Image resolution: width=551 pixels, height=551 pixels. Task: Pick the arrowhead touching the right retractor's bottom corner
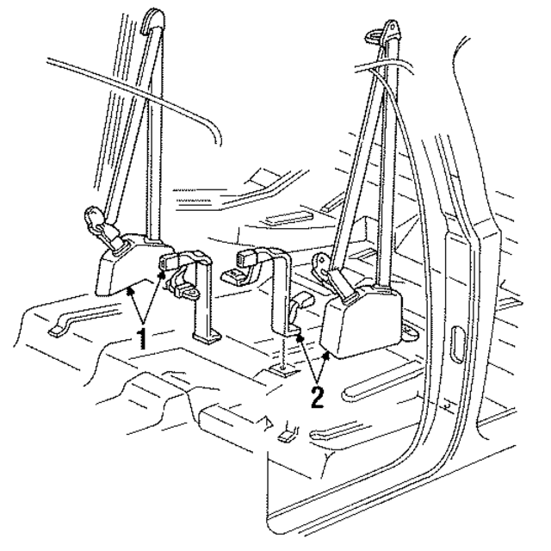(328, 353)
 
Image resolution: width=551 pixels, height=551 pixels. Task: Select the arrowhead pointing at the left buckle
(161, 273)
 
